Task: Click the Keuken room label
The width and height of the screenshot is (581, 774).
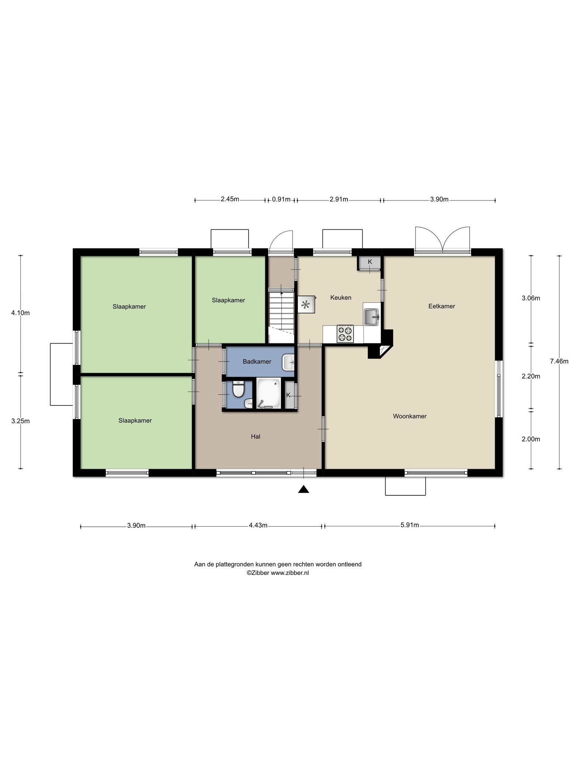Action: (340, 297)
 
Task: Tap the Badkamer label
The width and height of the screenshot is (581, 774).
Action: (257, 362)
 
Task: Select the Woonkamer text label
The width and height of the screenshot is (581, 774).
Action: (409, 416)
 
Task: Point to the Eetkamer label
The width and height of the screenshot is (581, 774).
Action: (442, 306)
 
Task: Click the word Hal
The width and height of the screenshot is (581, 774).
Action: (255, 436)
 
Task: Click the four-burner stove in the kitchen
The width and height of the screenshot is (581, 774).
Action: (345, 334)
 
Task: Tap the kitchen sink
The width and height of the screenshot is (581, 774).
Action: (372, 317)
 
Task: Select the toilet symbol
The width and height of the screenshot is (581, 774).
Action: (238, 390)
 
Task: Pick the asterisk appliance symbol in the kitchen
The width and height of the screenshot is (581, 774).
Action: (306, 305)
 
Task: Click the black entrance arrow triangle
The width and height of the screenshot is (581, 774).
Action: (303, 489)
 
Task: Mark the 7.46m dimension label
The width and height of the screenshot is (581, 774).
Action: (559, 361)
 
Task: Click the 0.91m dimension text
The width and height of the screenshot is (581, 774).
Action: (281, 199)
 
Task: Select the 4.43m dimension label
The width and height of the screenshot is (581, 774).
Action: (258, 525)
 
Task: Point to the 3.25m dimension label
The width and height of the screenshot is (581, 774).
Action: (21, 421)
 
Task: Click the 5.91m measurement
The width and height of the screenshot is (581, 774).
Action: (409, 525)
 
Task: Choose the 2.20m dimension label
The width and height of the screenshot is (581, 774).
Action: (531, 376)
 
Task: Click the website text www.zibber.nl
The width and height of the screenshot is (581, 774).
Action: (290, 573)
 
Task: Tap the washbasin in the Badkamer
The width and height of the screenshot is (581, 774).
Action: (288, 362)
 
